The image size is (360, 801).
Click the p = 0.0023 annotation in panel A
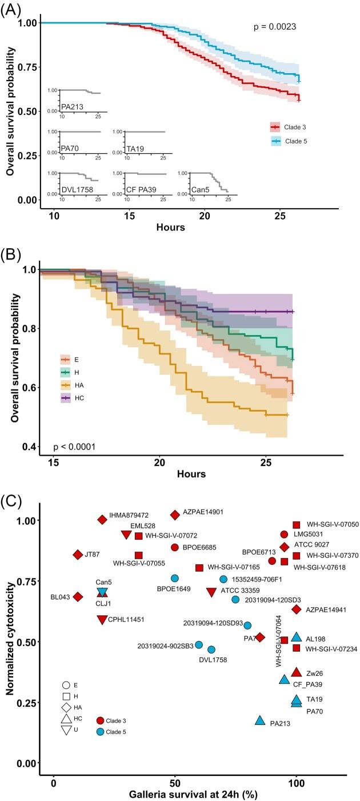tap(275, 26)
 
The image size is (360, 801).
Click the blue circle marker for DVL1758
tap(211, 649)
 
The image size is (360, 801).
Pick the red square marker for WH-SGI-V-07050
tap(296, 525)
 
